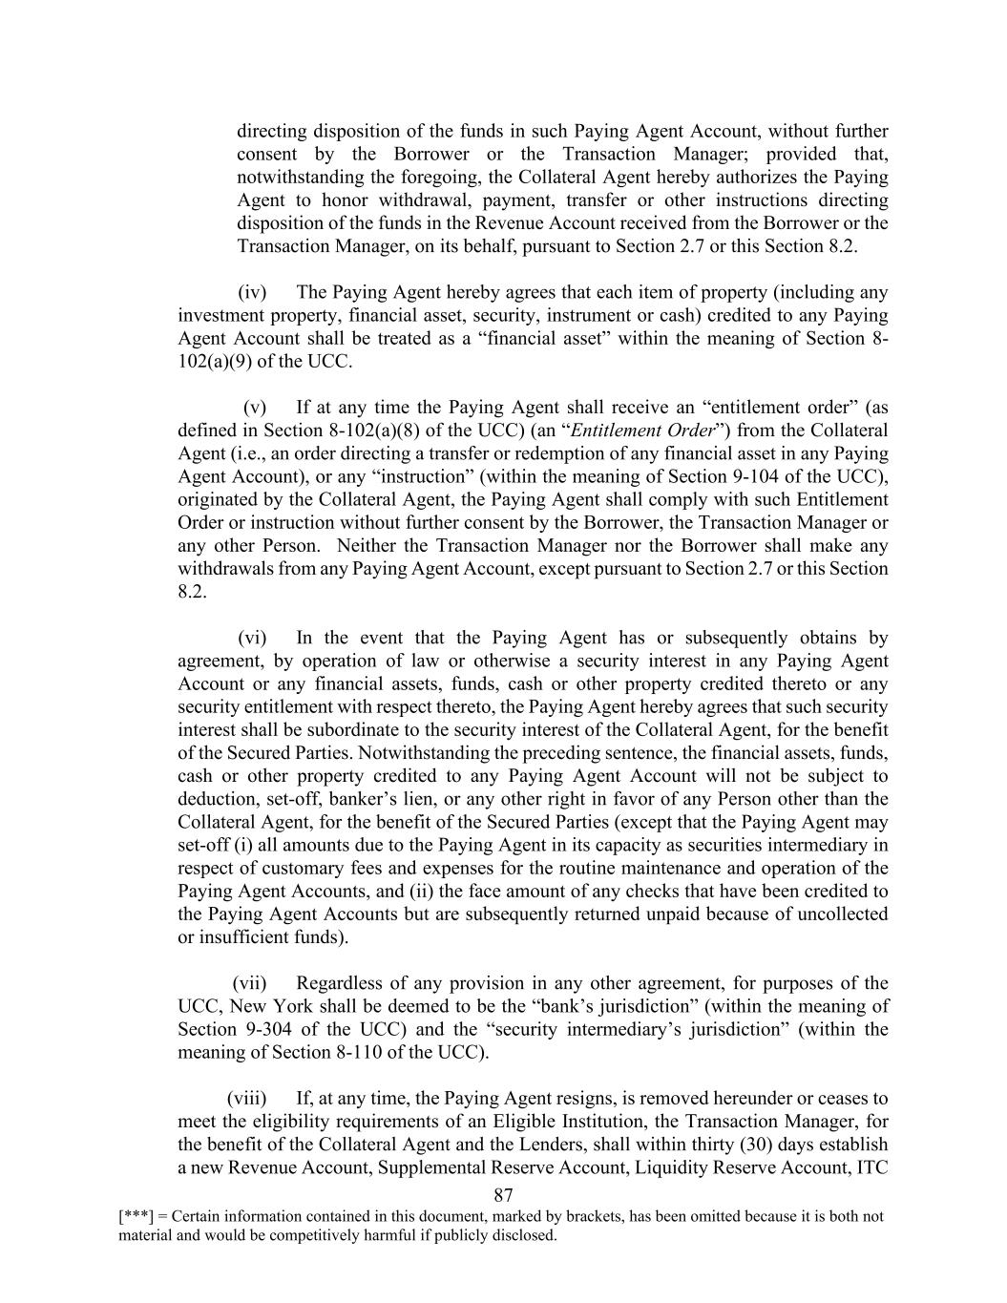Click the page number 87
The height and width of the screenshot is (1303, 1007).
click(x=504, y=1196)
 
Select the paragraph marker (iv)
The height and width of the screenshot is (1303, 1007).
click(x=252, y=292)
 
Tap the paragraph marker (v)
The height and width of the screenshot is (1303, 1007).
click(x=255, y=408)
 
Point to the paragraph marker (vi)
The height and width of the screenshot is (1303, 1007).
click(x=252, y=638)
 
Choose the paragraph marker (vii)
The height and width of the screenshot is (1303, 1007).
click(x=249, y=983)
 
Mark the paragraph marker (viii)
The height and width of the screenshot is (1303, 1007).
click(x=246, y=1099)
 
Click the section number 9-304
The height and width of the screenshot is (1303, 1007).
click(x=270, y=1030)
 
